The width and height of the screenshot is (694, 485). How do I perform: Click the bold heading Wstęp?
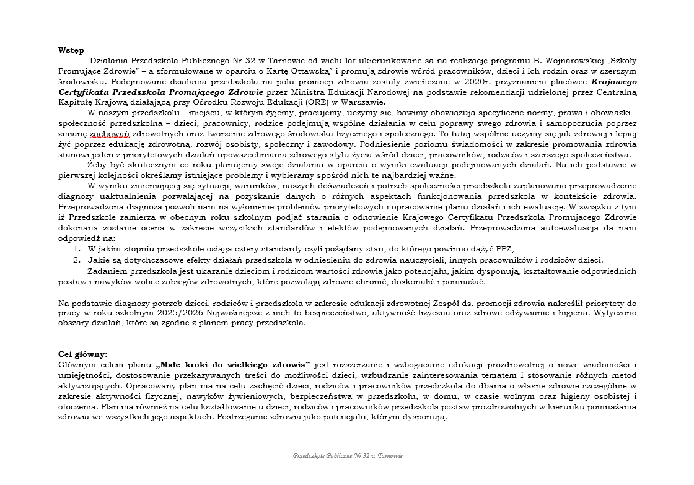(71, 50)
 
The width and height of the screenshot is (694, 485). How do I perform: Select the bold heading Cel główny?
(83, 354)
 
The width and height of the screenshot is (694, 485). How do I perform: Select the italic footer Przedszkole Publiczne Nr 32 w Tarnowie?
(348, 455)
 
